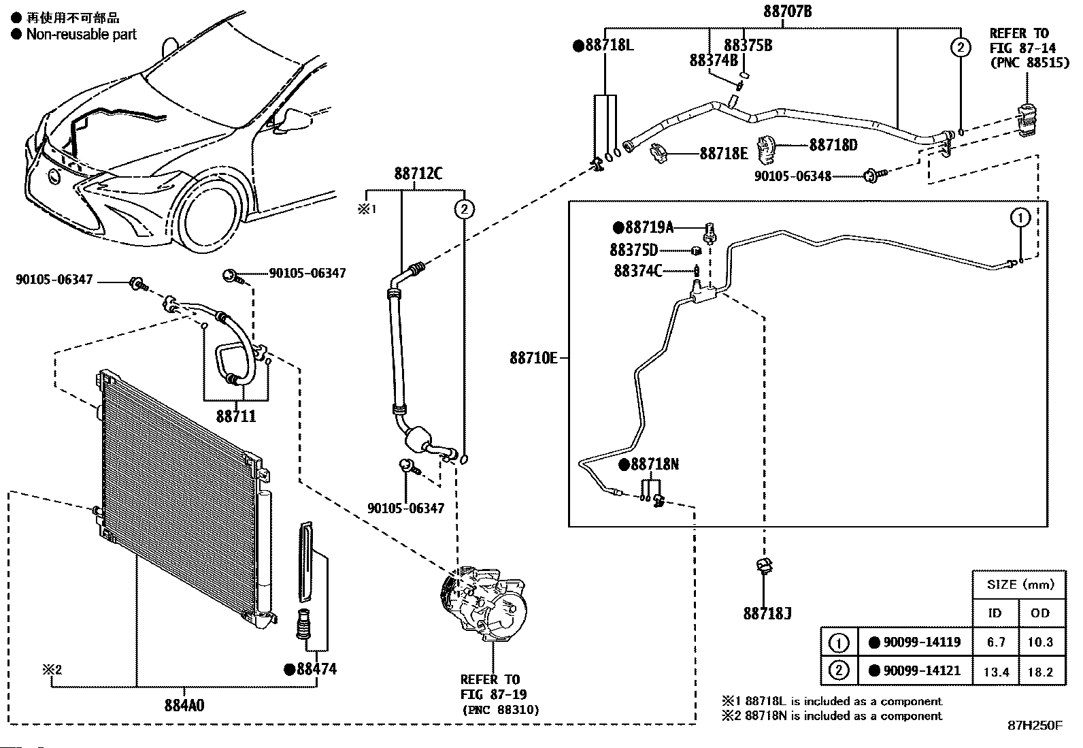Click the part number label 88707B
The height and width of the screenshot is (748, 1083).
coord(787,11)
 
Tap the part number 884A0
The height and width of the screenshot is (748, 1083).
coord(184,705)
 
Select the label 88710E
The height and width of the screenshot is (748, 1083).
coord(533,358)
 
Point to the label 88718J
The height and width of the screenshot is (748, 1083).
coord(767,613)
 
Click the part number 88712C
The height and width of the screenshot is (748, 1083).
coord(418,173)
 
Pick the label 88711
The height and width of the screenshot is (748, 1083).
coord(236,416)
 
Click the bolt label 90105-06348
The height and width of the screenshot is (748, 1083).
coord(793,176)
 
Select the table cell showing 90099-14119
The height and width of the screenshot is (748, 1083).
coord(915,642)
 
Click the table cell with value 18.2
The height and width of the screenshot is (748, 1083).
coord(1040,672)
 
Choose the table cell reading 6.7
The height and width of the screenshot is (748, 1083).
coord(996,642)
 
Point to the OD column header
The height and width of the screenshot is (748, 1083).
coord(1040,613)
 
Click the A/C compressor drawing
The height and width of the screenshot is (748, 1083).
coord(482,606)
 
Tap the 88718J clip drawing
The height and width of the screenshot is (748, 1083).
coord(764,566)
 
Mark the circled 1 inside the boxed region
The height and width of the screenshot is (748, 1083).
coord(1020,218)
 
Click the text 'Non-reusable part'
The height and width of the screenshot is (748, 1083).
coord(81,34)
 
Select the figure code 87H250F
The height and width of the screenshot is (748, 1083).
coord(1035,726)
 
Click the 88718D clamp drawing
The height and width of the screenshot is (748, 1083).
coord(765,150)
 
